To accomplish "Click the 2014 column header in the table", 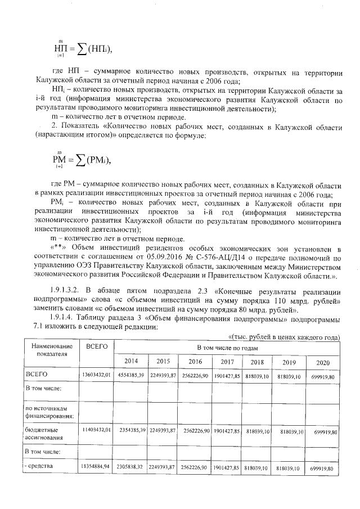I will pos(131,362).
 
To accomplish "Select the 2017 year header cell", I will pos(228,362).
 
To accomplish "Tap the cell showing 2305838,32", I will pos(131,468).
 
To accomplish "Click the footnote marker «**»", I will pos(60,248).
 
